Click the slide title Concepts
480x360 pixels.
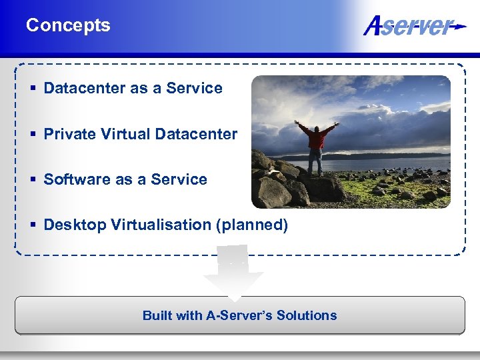pyautogui.click(x=68, y=25)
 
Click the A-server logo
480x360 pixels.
pyautogui.click(x=414, y=26)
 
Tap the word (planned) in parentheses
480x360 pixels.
pyautogui.click(x=251, y=225)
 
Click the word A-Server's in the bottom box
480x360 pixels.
pyautogui.click(x=237, y=315)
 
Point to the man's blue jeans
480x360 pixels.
pyautogui.click(x=315, y=160)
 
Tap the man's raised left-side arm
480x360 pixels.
pyautogui.click(x=303, y=126)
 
